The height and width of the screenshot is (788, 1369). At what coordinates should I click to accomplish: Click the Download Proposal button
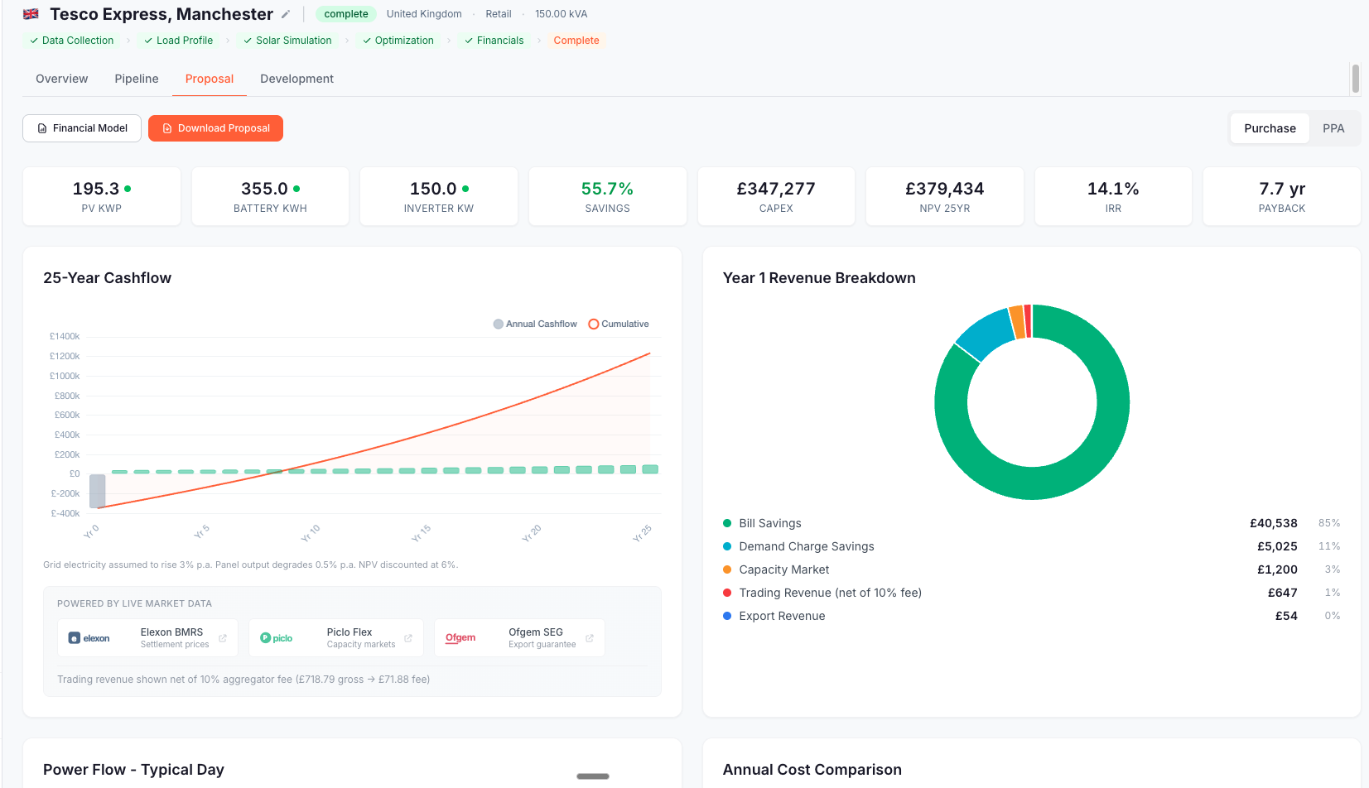pyautogui.click(x=215, y=128)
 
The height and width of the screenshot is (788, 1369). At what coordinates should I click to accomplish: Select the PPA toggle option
pyautogui.click(x=1333, y=128)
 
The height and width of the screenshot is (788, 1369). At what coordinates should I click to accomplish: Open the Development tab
pyautogui.click(x=296, y=79)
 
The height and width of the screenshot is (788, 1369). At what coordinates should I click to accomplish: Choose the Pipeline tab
pyautogui.click(x=137, y=79)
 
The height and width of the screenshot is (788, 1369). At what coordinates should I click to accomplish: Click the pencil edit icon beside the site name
pyautogui.click(x=286, y=14)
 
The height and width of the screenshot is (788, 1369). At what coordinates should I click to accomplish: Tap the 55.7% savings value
pyautogui.click(x=607, y=189)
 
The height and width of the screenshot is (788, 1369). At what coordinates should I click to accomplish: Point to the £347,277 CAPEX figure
pyautogui.click(x=776, y=189)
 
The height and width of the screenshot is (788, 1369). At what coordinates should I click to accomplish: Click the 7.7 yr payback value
pyautogui.click(x=1281, y=189)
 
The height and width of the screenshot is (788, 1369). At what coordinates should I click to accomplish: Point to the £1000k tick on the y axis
pyautogui.click(x=65, y=376)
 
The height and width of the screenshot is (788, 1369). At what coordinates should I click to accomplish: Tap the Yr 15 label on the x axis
pyautogui.click(x=421, y=533)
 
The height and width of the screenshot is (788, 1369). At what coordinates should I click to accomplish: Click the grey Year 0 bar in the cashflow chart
pyautogui.click(x=98, y=491)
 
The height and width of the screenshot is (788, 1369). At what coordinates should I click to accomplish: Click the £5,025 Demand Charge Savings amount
pyautogui.click(x=1277, y=546)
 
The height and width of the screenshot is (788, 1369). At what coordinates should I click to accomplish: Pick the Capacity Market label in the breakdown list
pyautogui.click(x=783, y=569)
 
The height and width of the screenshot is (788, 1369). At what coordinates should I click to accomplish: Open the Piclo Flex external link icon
pyautogui.click(x=408, y=638)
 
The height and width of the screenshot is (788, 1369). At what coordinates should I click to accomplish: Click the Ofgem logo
pyautogui.click(x=460, y=638)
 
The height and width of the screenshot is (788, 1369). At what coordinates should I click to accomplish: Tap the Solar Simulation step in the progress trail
pyautogui.click(x=293, y=41)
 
